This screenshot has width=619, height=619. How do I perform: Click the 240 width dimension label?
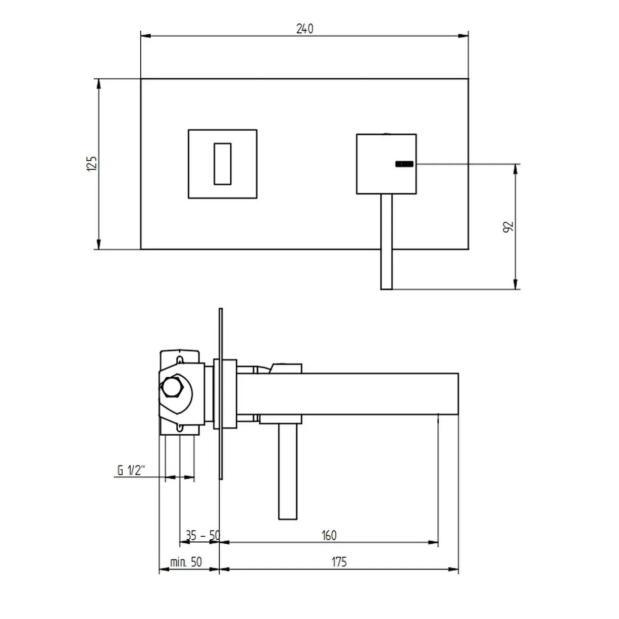(x=304, y=29)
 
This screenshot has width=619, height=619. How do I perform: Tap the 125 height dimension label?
(x=92, y=163)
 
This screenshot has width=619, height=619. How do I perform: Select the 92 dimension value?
(x=509, y=227)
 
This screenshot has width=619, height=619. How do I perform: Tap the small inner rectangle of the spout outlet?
(x=222, y=164)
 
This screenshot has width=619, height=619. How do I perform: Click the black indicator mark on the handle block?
(x=404, y=164)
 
